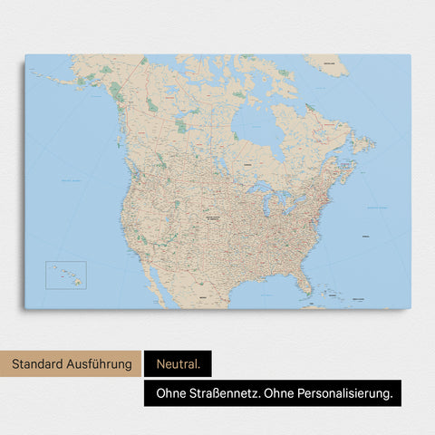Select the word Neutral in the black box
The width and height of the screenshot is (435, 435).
point(176,365)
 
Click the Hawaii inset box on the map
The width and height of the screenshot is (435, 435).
point(66,275)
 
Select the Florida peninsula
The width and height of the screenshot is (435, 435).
point(306,282)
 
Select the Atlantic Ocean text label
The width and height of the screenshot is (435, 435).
point(373,208)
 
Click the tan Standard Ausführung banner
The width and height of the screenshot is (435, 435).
point(72,365)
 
